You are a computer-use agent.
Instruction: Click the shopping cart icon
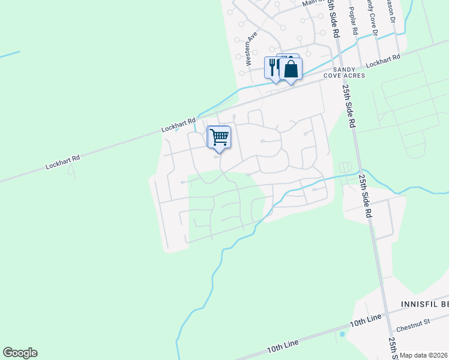[219, 137]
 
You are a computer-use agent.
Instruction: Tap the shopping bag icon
[291, 69]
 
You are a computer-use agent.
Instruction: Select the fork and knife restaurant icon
[273, 67]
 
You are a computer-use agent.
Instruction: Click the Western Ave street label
[250, 48]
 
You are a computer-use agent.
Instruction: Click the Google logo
[20, 353]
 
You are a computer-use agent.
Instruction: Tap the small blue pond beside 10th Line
[342, 334]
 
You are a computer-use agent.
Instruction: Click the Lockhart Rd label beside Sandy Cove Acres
[382, 60]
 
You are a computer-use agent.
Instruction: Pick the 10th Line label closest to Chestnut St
[366, 321]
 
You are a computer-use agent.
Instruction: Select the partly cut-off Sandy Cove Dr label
[370, 15]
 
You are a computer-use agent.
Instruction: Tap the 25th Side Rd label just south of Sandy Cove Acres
[349, 105]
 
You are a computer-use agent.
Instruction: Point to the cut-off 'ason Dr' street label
[391, 11]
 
